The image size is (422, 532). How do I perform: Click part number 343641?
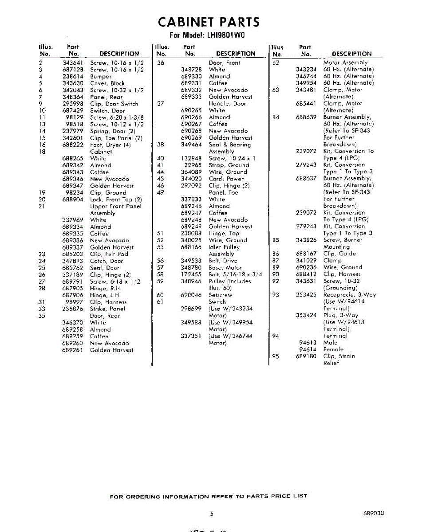pyautogui.click(x=73, y=63)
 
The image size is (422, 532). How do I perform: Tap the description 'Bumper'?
pyautogui.click(x=101, y=77)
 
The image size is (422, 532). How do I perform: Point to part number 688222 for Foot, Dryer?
pyautogui.click(x=73, y=145)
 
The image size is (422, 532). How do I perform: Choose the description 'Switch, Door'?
pyautogui.click(x=108, y=110)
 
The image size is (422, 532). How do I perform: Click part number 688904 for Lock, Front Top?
pyautogui.click(x=73, y=199)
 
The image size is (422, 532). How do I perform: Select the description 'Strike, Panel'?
pyautogui.click(x=108, y=309)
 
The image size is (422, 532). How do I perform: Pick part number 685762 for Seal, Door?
pyautogui.click(x=73, y=268)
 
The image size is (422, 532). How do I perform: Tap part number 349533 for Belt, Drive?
pyautogui.click(x=191, y=261)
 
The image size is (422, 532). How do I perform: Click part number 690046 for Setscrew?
pyautogui.click(x=191, y=295)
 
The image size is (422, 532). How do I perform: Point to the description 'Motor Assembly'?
pyautogui.click(x=345, y=63)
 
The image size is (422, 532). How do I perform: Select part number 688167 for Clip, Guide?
pyautogui.click(x=306, y=254)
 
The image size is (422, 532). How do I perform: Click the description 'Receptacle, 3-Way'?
pyautogui.click(x=350, y=295)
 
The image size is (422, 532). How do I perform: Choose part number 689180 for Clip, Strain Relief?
pyautogui.click(x=306, y=356)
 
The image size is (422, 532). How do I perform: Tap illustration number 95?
pyautogui.click(x=276, y=356)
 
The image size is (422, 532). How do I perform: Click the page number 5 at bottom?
pyautogui.click(x=212, y=514)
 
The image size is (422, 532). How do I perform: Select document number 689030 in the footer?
pyautogui.click(x=373, y=513)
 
